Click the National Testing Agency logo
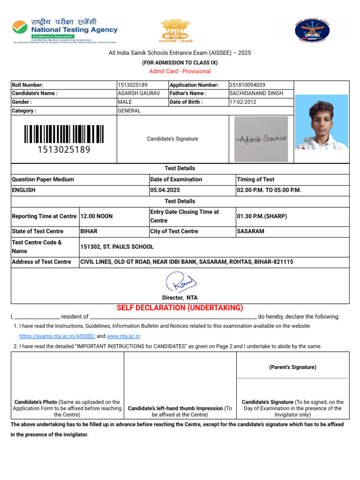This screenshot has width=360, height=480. (x=65, y=30)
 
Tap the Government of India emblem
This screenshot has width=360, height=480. (x=176, y=30)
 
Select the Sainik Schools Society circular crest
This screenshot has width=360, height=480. (x=312, y=30)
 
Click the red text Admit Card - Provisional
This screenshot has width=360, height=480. (x=180, y=71)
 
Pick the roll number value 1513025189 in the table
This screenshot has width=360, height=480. (x=133, y=85)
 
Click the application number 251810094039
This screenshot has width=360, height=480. (x=247, y=85)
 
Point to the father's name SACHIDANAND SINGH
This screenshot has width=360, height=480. (x=256, y=93)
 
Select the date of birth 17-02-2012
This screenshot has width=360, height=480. (x=243, y=102)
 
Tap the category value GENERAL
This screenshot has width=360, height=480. (x=129, y=111)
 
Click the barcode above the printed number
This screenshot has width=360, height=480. (x=64, y=134)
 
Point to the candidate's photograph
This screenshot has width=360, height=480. (x=321, y=122)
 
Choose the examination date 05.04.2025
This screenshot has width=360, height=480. (x=165, y=190)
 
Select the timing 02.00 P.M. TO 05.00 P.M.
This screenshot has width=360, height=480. (x=269, y=190)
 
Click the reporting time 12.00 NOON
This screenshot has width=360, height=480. (x=97, y=217)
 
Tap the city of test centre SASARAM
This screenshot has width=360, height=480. (x=251, y=232)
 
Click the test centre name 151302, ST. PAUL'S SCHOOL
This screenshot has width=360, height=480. (x=117, y=247)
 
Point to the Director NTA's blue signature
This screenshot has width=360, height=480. (x=180, y=283)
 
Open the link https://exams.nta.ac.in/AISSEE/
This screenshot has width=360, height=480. (x=57, y=336)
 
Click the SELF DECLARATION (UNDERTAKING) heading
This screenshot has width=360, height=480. (x=180, y=308)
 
